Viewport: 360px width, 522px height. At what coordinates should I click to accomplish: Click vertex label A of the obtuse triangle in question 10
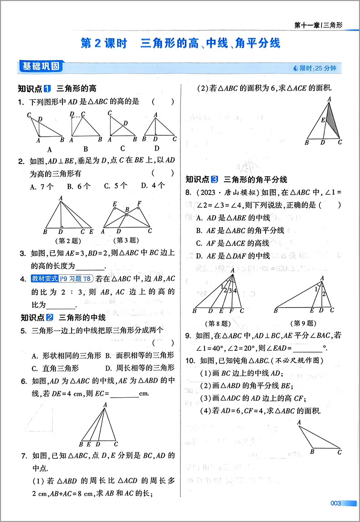299,422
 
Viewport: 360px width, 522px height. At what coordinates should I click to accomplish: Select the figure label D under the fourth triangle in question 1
157,148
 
